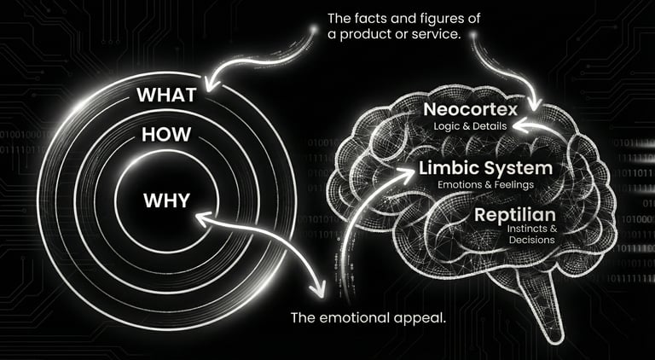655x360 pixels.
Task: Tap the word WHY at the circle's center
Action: click(166, 202)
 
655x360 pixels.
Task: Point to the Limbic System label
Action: click(485, 168)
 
